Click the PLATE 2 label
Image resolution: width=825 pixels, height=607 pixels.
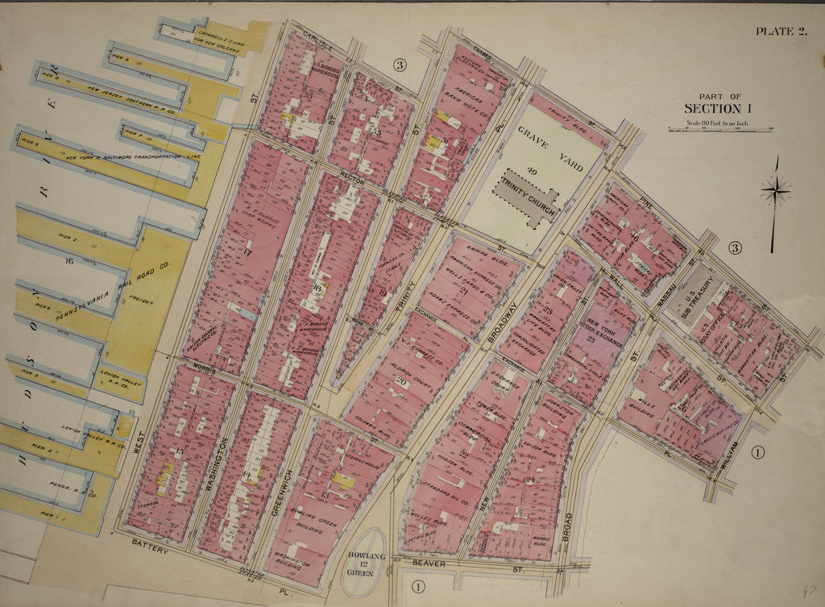coord(780,31)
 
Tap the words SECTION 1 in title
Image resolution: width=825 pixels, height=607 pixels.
coord(712,108)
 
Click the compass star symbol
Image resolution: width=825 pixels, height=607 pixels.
coord(775,191)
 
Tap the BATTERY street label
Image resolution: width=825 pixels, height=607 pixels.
coord(151,548)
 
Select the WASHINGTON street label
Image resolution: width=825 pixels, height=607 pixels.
coord(214,468)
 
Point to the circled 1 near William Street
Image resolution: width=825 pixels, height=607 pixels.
coord(757,452)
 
